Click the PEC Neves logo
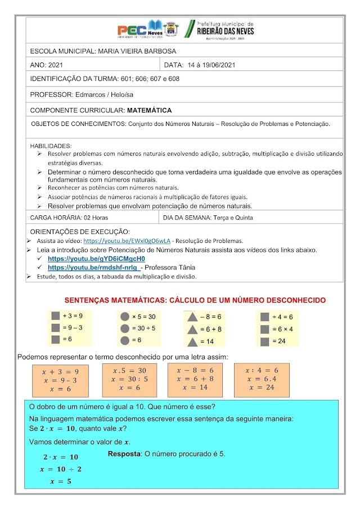point(147,30)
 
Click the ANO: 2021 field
point(47,65)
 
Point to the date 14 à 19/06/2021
point(211,65)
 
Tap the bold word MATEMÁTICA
point(149,110)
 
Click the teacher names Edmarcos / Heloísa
point(98,94)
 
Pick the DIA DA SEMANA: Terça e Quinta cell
point(208,217)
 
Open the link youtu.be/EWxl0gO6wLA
point(127,240)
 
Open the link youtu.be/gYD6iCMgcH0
point(96,259)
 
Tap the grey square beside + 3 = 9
point(55,316)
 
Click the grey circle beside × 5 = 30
point(125,317)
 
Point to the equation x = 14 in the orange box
point(195,387)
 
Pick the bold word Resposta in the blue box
point(124,454)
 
